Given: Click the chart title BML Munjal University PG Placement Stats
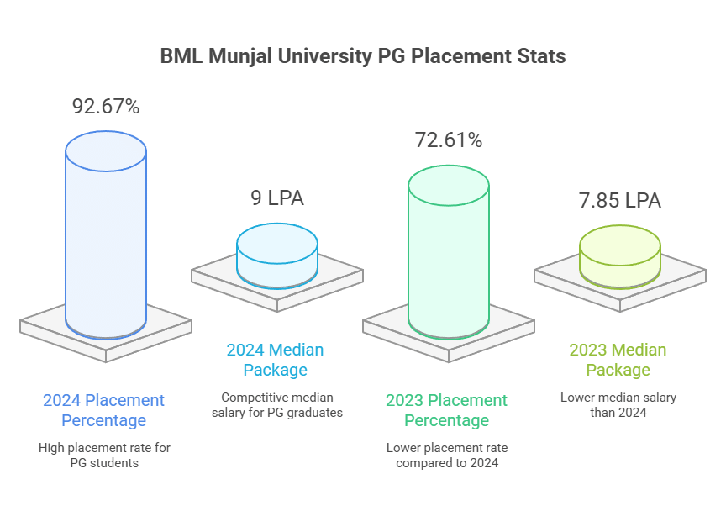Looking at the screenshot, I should tap(362, 56).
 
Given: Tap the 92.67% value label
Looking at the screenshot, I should tap(106, 107).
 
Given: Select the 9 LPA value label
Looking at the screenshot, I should tap(277, 198).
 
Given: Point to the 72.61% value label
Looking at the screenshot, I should tap(449, 140).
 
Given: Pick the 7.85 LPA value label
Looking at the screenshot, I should tap(620, 201).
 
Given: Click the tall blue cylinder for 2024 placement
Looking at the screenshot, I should tap(106, 244).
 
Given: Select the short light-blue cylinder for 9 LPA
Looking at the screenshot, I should tap(277, 256).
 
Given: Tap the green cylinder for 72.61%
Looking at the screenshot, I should tap(449, 261).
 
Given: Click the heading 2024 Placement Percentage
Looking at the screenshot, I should tap(104, 410).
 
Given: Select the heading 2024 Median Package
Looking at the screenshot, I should tap(275, 360).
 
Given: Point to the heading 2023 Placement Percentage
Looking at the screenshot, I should tap(447, 410).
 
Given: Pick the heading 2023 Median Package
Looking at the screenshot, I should tap(618, 360).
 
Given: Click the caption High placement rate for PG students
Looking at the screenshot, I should tap(104, 456).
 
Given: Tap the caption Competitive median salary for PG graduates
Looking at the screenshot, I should tap(277, 404).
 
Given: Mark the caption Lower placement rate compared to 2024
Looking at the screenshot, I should tap(447, 455).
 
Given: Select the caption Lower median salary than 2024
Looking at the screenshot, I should tap(618, 404).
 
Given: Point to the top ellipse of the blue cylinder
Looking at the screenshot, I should tap(106, 151).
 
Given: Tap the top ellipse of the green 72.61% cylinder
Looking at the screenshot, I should tap(449, 185).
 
